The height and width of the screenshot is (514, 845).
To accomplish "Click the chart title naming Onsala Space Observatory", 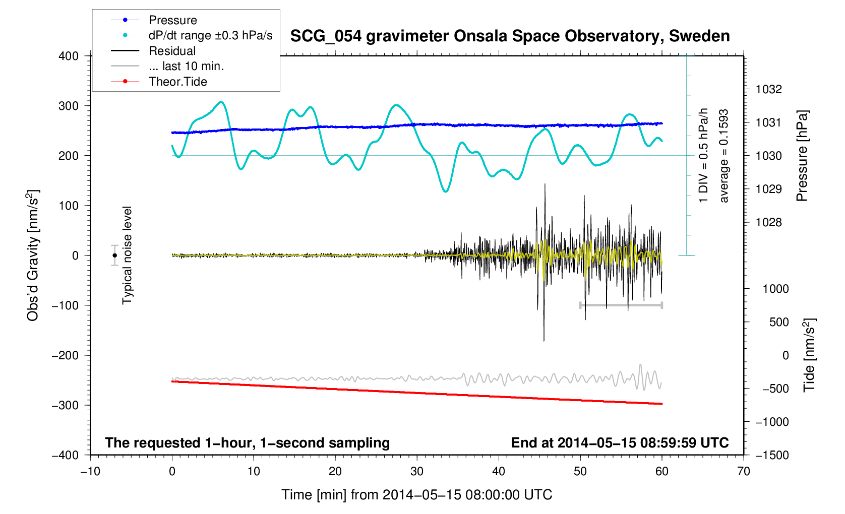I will [510, 36].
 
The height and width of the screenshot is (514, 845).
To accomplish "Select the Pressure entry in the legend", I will [172, 20].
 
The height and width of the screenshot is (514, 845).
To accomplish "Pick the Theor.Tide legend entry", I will [177, 82].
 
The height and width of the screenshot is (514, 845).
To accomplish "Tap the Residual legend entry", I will [172, 51].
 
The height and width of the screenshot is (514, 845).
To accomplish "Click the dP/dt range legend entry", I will [210, 35].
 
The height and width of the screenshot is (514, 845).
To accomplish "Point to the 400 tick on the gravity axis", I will [69, 56].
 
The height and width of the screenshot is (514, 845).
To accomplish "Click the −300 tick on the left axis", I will [66, 405].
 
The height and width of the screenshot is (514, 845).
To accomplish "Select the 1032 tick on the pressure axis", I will [768, 89].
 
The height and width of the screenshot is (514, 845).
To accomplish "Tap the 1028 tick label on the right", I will [768, 222].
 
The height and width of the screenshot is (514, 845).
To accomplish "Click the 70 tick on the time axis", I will [743, 472].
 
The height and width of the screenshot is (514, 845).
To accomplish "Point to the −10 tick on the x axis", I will [90, 472].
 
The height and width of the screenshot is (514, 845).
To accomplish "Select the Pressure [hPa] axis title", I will [802, 156].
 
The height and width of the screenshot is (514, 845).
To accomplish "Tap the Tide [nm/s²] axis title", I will [809, 355].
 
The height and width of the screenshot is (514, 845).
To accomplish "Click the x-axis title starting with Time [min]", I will [416, 495].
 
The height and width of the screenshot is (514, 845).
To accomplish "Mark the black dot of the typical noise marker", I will [115, 255].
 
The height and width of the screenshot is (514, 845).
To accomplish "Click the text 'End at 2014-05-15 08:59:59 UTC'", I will [620, 443].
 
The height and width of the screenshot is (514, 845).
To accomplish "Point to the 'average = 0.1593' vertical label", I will [724, 156].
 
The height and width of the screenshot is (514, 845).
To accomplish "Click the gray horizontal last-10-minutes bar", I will [621, 305].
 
